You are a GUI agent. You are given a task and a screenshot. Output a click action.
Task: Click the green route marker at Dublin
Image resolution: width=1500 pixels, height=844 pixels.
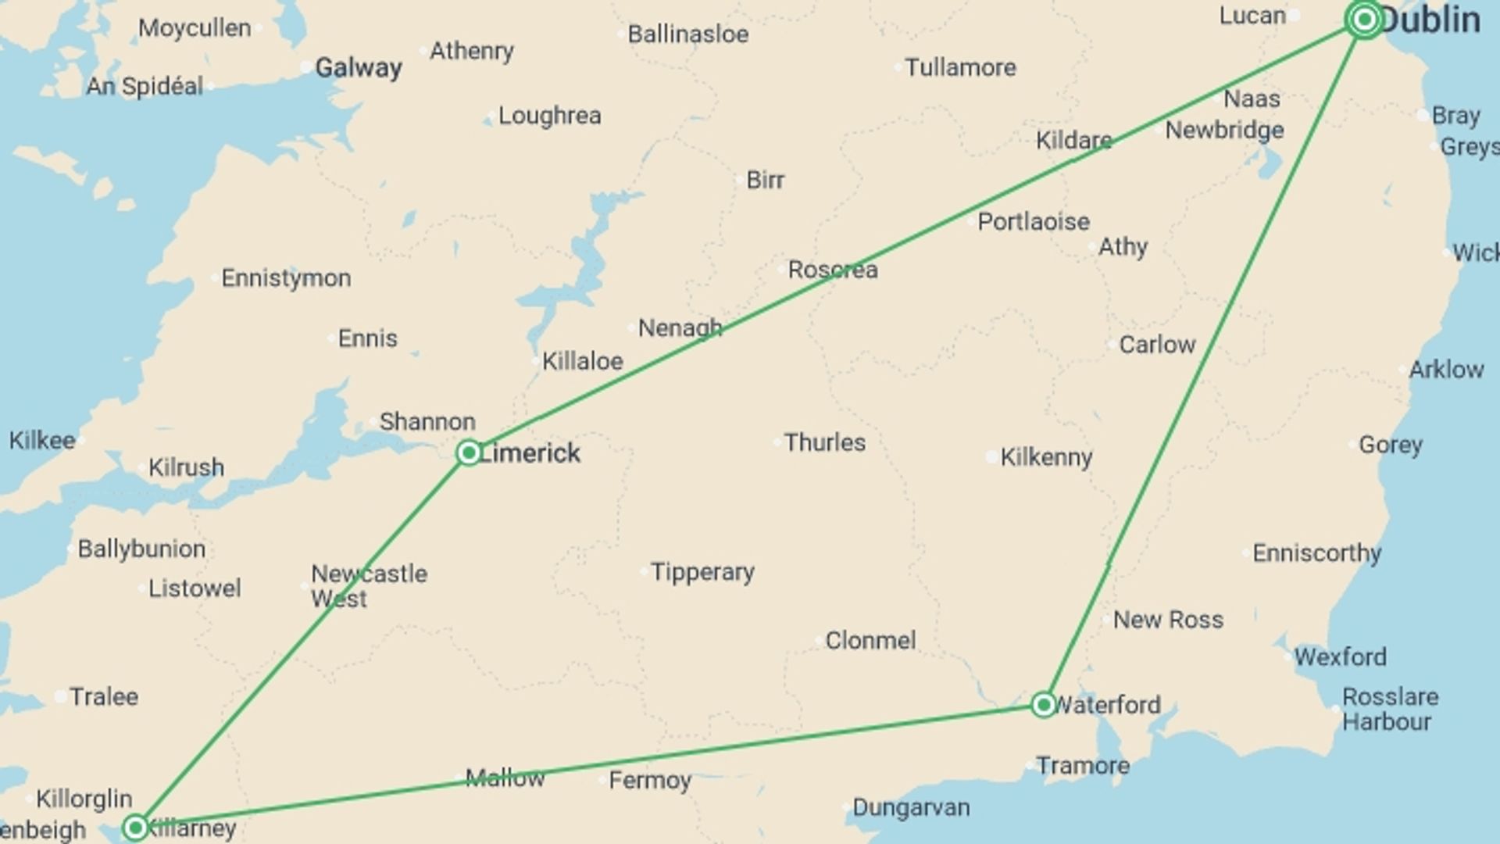click(x=1364, y=20)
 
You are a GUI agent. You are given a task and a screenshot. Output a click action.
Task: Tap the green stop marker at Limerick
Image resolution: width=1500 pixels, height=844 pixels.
click(x=469, y=452)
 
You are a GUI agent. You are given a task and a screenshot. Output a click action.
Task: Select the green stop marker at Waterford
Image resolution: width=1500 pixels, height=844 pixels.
click(x=1044, y=705)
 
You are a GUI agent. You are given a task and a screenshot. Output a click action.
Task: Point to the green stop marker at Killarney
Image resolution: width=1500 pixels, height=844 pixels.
click(x=136, y=827)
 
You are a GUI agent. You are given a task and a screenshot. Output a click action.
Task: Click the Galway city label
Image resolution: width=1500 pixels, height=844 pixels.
click(x=358, y=68)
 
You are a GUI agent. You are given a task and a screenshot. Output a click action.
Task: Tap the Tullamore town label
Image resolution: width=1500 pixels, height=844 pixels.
click(x=960, y=68)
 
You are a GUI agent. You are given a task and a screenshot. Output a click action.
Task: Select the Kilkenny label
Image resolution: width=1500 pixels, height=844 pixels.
click(x=1046, y=457)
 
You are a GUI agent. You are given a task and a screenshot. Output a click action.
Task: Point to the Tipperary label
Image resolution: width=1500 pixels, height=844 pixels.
click(x=702, y=572)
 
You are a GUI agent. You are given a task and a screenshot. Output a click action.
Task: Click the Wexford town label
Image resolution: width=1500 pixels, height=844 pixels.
click(x=1340, y=656)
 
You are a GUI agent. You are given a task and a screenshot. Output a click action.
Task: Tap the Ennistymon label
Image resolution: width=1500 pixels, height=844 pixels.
click(x=286, y=278)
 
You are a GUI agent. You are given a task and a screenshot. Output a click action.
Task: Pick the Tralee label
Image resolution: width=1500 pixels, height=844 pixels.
click(x=104, y=696)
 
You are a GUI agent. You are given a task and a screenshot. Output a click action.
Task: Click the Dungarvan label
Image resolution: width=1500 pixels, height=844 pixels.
click(x=911, y=807)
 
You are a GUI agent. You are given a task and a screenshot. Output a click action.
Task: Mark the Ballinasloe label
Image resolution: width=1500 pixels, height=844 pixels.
click(x=687, y=34)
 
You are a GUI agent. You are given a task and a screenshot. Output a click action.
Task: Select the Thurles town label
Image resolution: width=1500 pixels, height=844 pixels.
click(x=825, y=443)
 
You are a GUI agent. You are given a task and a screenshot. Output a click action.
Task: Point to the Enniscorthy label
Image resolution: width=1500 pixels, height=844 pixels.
click(x=1317, y=553)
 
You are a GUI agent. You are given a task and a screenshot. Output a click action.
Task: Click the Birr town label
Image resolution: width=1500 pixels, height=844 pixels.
click(x=765, y=180)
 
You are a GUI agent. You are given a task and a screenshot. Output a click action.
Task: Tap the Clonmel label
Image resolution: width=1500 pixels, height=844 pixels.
click(x=870, y=641)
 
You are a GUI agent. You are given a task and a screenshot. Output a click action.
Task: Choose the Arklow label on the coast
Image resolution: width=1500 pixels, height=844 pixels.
click(x=1446, y=370)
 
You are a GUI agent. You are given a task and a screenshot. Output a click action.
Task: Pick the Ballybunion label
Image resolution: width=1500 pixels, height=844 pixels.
click(x=141, y=549)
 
